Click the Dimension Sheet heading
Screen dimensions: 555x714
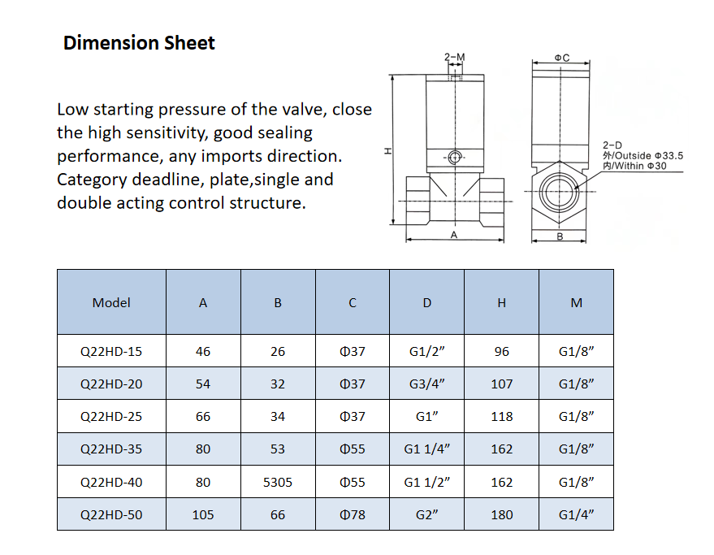[x=139, y=43]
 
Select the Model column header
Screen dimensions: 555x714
[x=111, y=302]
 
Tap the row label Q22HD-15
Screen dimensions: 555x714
[x=111, y=352]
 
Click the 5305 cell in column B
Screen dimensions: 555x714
[x=278, y=482]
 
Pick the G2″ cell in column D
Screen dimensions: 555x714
[x=427, y=514]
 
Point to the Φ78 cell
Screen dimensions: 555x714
[x=353, y=514]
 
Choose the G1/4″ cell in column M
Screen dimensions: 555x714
[x=577, y=514]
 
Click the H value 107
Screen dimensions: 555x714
[x=502, y=384]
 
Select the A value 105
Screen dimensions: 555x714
[x=203, y=514]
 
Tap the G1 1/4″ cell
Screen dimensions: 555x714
[x=427, y=449]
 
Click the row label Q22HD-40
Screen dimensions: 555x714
[x=111, y=482]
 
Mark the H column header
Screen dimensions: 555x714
[x=502, y=302]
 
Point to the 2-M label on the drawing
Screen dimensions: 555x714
[x=455, y=58]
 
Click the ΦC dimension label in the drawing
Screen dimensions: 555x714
[x=561, y=58]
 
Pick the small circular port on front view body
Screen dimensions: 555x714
[x=455, y=157]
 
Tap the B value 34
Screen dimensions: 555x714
[x=278, y=416]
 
